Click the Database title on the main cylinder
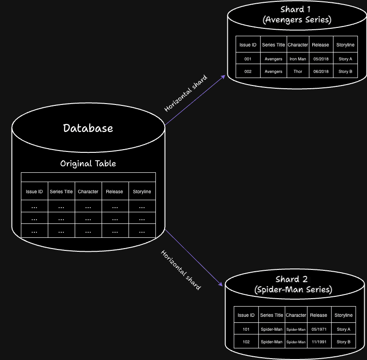(x=88, y=128)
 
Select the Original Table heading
(x=88, y=164)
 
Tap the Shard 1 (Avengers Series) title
(x=293, y=14)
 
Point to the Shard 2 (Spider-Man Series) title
(x=293, y=284)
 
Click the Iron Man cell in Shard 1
(x=297, y=59)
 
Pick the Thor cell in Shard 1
(x=297, y=72)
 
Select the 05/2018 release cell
(x=321, y=59)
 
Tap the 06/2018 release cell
(x=321, y=72)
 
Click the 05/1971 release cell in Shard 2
(x=319, y=329)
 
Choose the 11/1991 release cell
(x=319, y=342)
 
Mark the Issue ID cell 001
(x=248, y=59)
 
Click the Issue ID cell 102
(x=246, y=342)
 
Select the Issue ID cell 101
(x=246, y=329)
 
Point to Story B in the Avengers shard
(x=345, y=72)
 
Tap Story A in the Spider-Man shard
(x=343, y=329)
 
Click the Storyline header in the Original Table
(x=142, y=191)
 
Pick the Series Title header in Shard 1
(x=274, y=45)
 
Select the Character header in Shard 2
(x=296, y=315)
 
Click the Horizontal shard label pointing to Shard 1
(x=186, y=93)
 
